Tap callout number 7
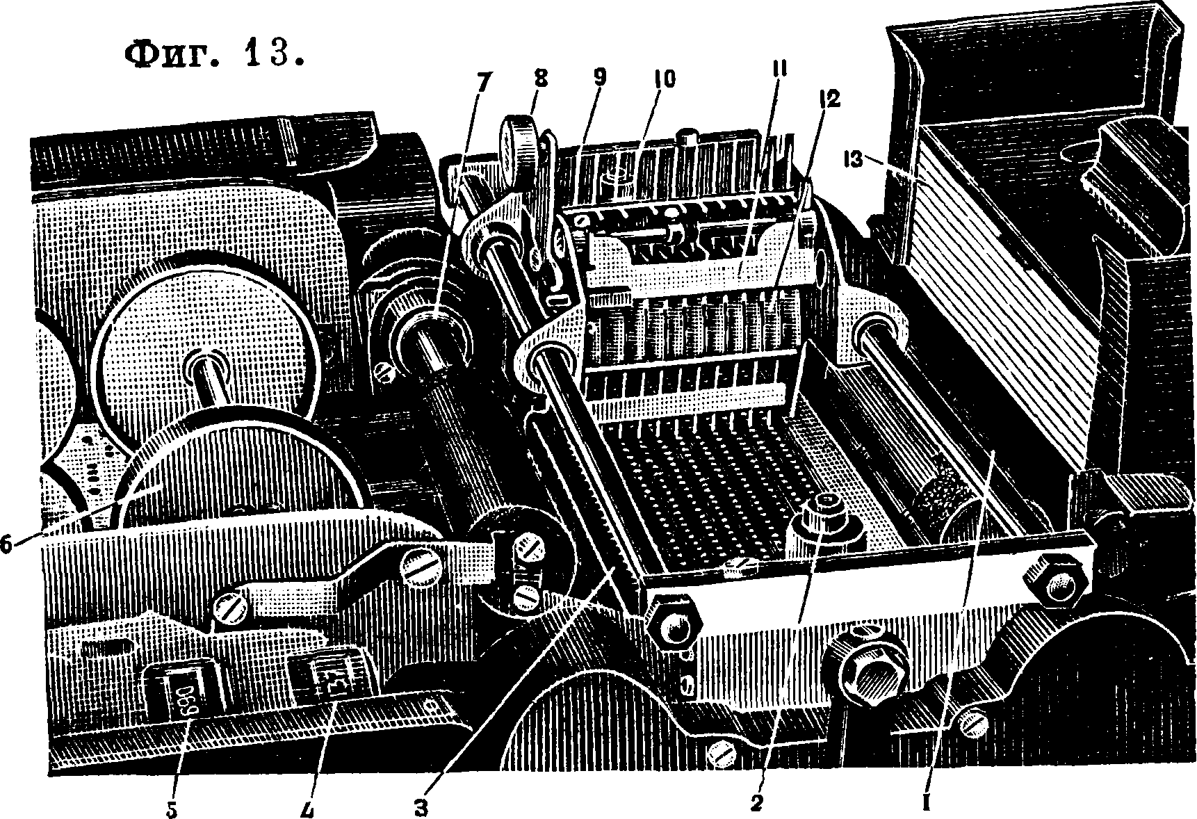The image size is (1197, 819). pyautogui.click(x=482, y=83)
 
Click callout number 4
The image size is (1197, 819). pyautogui.click(x=309, y=808)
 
